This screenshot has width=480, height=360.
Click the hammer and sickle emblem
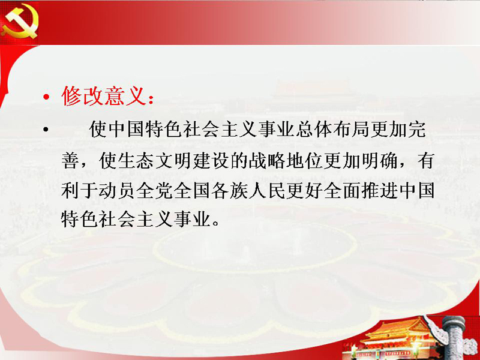(x=20, y=22)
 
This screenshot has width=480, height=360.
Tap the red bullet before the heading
(x=46, y=97)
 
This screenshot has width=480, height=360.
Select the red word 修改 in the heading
(x=83, y=96)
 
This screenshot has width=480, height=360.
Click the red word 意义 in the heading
(x=125, y=96)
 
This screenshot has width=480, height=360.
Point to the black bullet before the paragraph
(x=46, y=130)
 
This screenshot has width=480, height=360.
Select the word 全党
(x=155, y=190)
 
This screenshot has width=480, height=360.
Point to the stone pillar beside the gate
(x=453, y=337)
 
